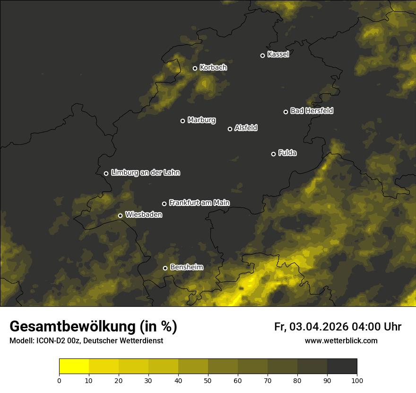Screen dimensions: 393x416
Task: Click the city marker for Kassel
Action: pyautogui.click(x=263, y=55)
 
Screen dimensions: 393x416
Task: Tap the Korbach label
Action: pyautogui.click(x=213, y=68)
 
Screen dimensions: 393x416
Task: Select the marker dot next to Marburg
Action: pyautogui.click(x=183, y=121)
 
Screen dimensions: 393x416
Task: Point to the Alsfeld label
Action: pyautogui.click(x=246, y=128)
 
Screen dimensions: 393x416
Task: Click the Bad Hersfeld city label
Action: pyautogui.click(x=312, y=111)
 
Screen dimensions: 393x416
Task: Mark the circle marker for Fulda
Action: pyautogui.click(x=273, y=154)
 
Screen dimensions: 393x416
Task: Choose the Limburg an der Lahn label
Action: pyautogui.click(x=146, y=173)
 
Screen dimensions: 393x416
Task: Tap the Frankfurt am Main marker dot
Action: pyautogui.click(x=165, y=204)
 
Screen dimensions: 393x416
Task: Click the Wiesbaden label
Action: pyautogui.click(x=144, y=215)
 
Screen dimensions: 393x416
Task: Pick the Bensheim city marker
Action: pyautogui.click(x=165, y=268)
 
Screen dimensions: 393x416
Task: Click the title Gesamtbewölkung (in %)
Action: pyautogui.click(x=93, y=327)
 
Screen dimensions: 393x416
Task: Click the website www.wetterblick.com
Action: pyautogui.click(x=341, y=340)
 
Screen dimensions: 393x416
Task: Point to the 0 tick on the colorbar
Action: pyautogui.click(x=59, y=380)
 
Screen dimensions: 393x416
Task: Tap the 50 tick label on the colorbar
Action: pyautogui.click(x=208, y=380)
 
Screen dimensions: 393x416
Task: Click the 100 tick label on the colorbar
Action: pyautogui.click(x=357, y=380)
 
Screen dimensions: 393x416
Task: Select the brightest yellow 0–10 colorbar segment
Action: pyautogui.click(x=74, y=366)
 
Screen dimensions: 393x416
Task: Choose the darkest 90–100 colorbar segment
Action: pyautogui.click(x=342, y=366)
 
